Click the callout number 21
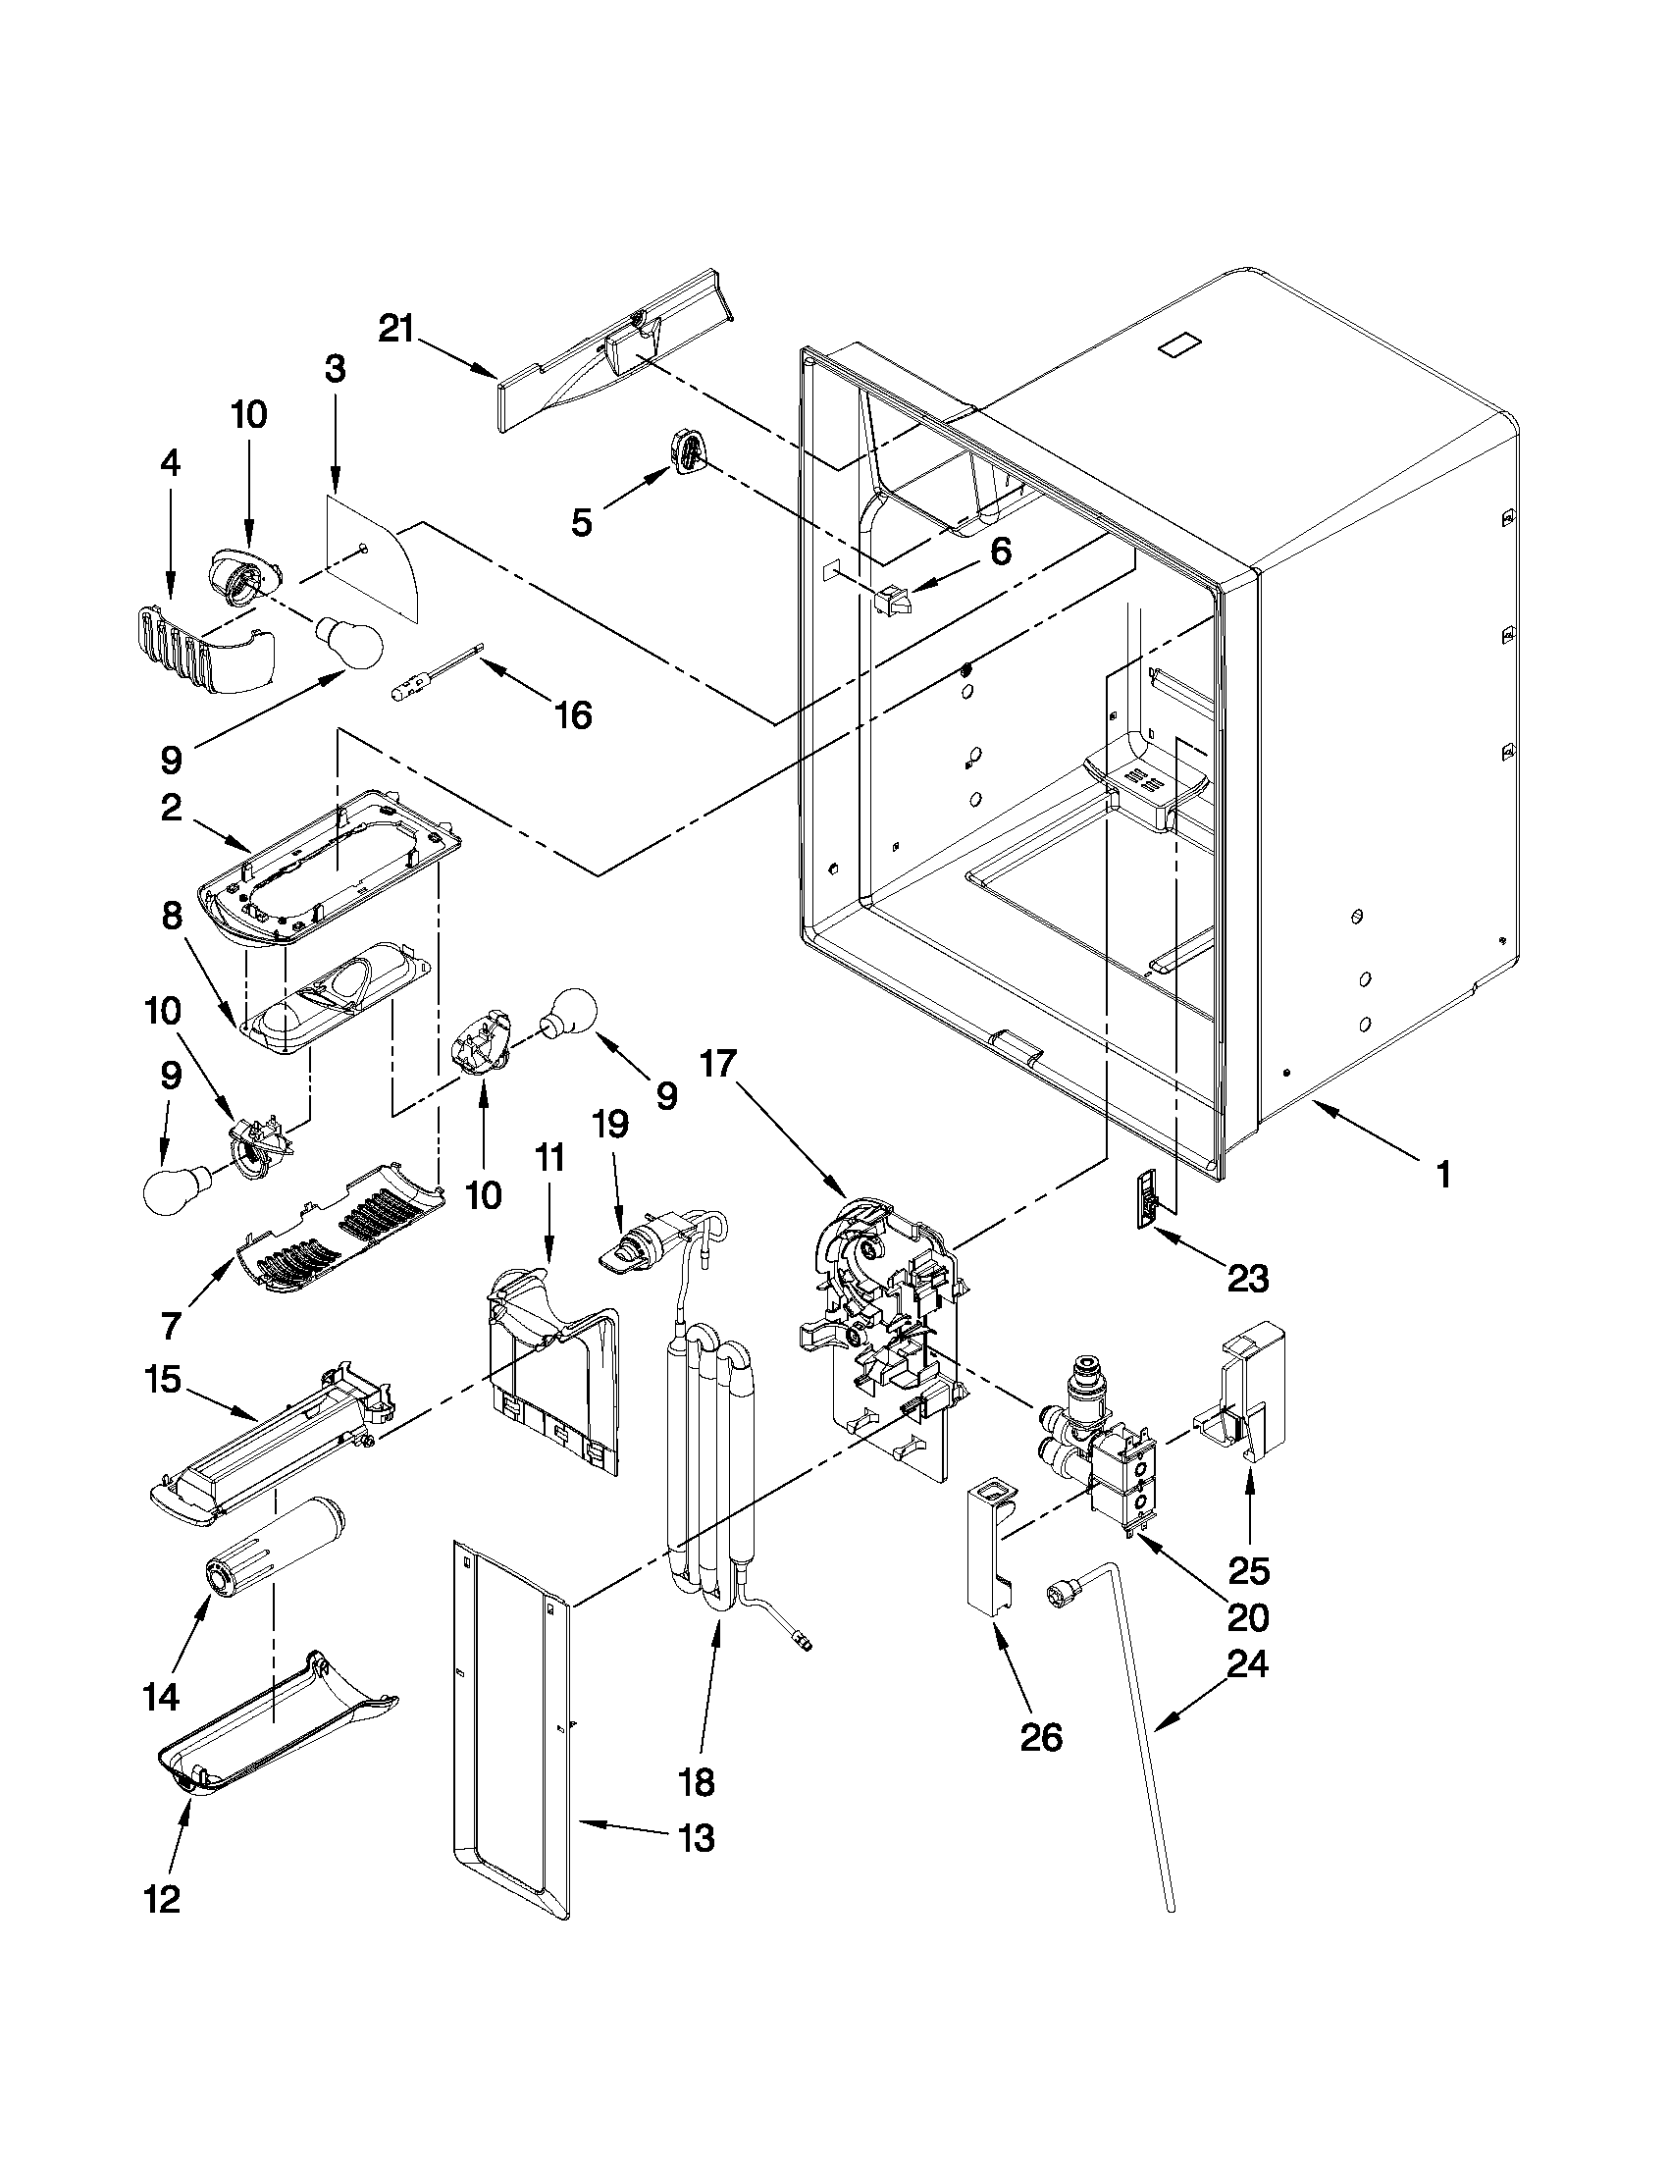396,329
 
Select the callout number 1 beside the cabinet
1443,1175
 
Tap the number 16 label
573,714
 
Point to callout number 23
1247,1279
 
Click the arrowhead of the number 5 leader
660,476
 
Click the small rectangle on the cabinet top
1181,346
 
